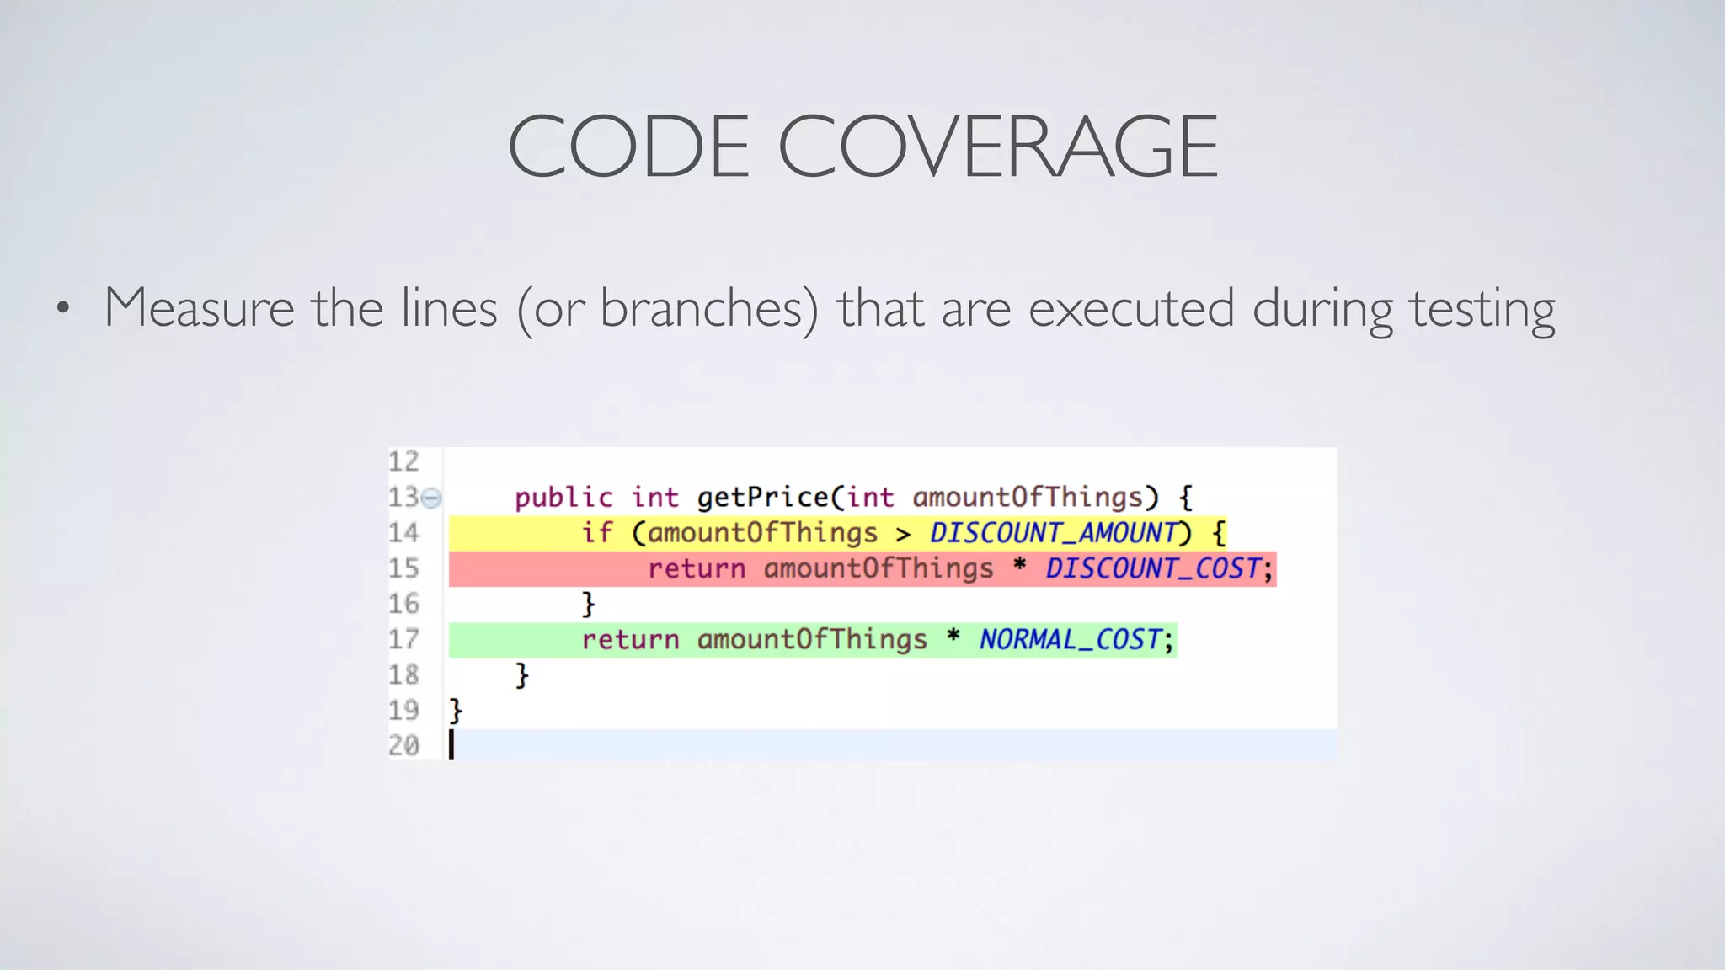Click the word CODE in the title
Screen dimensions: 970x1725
628,147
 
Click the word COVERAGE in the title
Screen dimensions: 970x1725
997,147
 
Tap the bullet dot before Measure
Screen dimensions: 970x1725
62,309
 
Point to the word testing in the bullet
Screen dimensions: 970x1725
1482,310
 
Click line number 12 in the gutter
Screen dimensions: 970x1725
403,461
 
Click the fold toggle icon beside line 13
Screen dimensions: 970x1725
431,498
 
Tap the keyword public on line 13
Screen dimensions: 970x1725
563,497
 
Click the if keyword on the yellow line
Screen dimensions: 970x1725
597,532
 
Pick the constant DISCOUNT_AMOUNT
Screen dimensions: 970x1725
1053,533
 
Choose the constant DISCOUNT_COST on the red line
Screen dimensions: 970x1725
1154,568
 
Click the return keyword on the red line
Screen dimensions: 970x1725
697,568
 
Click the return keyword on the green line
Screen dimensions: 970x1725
630,640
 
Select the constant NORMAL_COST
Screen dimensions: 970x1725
1070,640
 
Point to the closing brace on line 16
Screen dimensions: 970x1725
588,604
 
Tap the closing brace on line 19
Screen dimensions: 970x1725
456,711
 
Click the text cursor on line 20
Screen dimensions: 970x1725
451,745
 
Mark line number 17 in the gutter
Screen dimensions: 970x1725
403,640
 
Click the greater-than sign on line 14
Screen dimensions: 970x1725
903,534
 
